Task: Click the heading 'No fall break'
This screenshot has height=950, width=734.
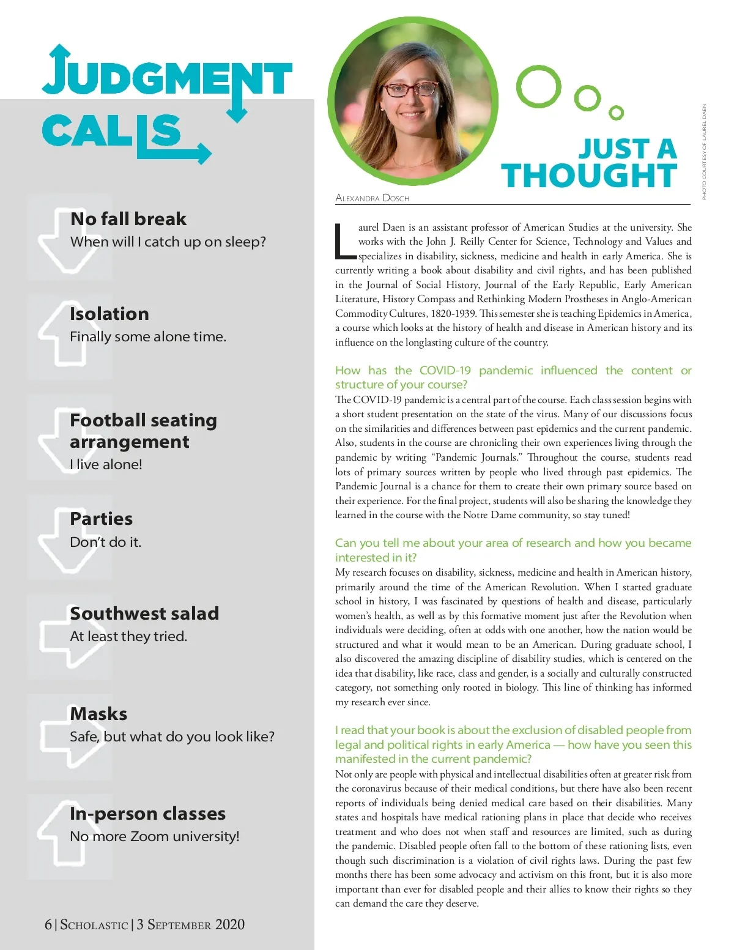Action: tap(128, 219)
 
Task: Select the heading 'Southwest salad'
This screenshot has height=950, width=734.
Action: tap(144, 614)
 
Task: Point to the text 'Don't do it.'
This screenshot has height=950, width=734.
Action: tap(105, 542)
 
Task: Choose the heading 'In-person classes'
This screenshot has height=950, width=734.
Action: tap(147, 814)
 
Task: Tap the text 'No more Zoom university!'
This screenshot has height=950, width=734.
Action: tap(154, 836)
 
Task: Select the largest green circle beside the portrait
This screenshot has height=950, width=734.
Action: tap(538, 86)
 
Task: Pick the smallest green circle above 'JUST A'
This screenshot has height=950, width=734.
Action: tap(617, 113)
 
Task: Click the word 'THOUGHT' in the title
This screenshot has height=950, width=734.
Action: tap(589, 176)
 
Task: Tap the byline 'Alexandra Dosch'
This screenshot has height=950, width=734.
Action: tap(372, 198)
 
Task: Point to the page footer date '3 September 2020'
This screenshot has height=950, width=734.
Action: tap(190, 924)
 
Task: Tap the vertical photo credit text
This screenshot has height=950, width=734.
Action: tap(704, 152)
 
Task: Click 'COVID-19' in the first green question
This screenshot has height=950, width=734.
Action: tap(445, 370)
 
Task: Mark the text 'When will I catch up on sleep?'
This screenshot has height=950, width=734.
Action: tap(168, 242)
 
